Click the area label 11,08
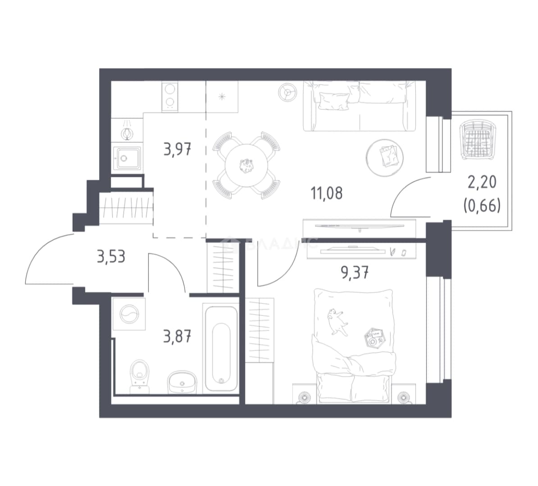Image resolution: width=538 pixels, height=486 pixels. (327, 193)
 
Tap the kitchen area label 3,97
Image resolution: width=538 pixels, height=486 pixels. (178, 150)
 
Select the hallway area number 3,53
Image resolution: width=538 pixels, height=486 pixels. (111, 256)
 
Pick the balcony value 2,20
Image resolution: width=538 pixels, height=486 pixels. (482, 182)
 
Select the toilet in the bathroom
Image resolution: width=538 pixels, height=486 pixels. (140, 376)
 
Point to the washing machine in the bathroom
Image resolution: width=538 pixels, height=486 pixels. (129, 314)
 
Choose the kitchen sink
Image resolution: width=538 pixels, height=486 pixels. (127, 158)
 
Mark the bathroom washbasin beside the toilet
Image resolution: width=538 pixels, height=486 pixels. (182, 382)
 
